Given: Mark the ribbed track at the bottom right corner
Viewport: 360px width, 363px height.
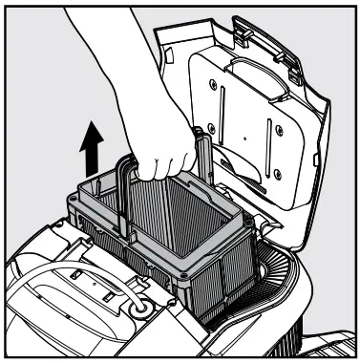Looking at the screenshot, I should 329,339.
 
